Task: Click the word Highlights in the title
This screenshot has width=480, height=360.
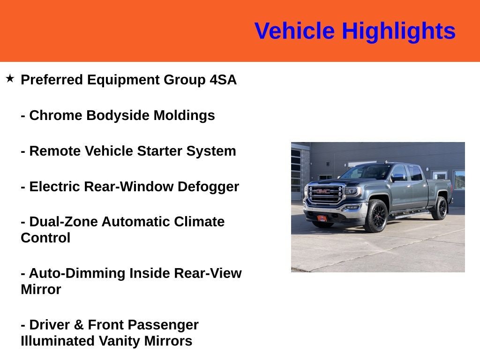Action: pos(398,31)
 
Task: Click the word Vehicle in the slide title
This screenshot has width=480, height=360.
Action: pos(294,31)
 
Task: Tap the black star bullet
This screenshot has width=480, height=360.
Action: pos(10,78)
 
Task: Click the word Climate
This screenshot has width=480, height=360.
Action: pos(199,221)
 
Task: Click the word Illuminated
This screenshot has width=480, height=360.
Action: pos(58,341)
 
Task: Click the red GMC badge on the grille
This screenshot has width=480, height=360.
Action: pos(323,191)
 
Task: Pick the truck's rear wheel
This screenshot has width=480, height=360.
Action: pos(440,208)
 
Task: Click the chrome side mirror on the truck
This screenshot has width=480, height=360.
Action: pos(398,178)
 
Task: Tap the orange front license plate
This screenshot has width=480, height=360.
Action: pos(323,218)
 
